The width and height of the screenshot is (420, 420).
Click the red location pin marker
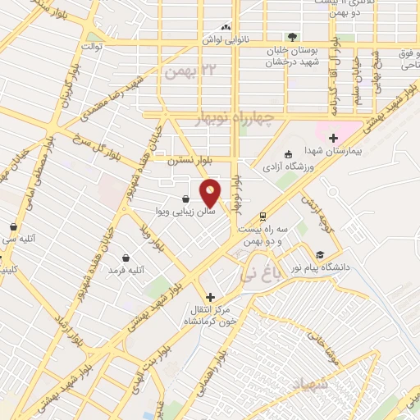tap(211, 193)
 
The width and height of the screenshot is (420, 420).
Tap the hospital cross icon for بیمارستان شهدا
tap(333, 137)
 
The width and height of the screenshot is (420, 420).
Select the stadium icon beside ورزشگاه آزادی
tap(288, 155)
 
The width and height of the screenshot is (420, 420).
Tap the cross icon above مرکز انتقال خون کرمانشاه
tap(210, 296)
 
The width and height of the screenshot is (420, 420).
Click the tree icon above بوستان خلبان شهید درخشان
tap(292, 37)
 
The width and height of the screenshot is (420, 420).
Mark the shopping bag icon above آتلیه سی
tap(13, 226)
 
